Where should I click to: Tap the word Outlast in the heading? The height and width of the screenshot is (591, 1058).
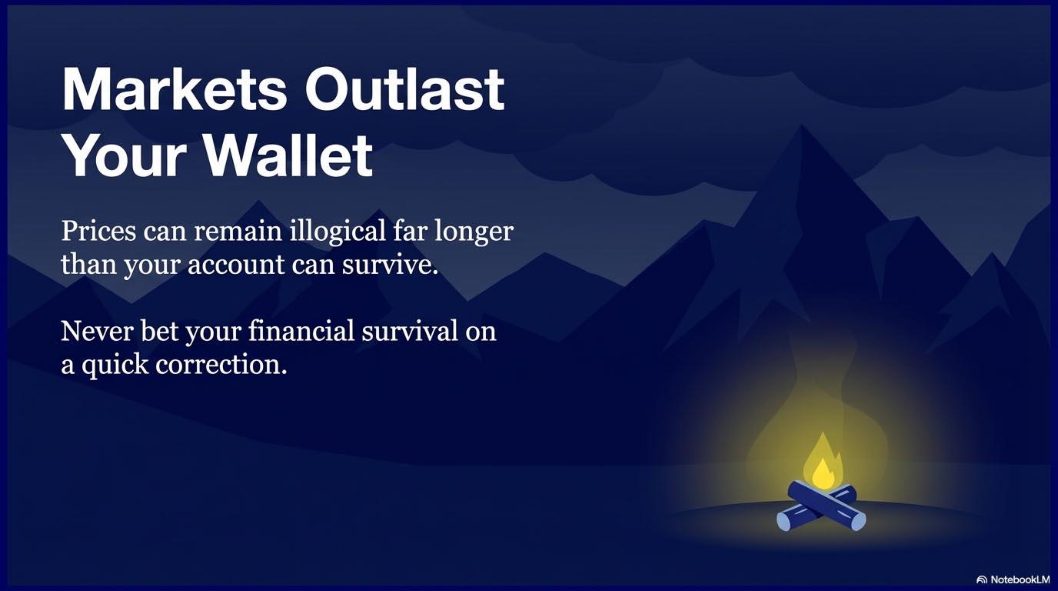pos(404,90)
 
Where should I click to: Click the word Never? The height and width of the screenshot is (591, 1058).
pos(97,331)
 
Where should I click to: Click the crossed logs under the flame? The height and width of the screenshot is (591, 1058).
pos(821,507)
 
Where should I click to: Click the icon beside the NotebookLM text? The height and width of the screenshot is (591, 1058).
pos(982,579)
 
